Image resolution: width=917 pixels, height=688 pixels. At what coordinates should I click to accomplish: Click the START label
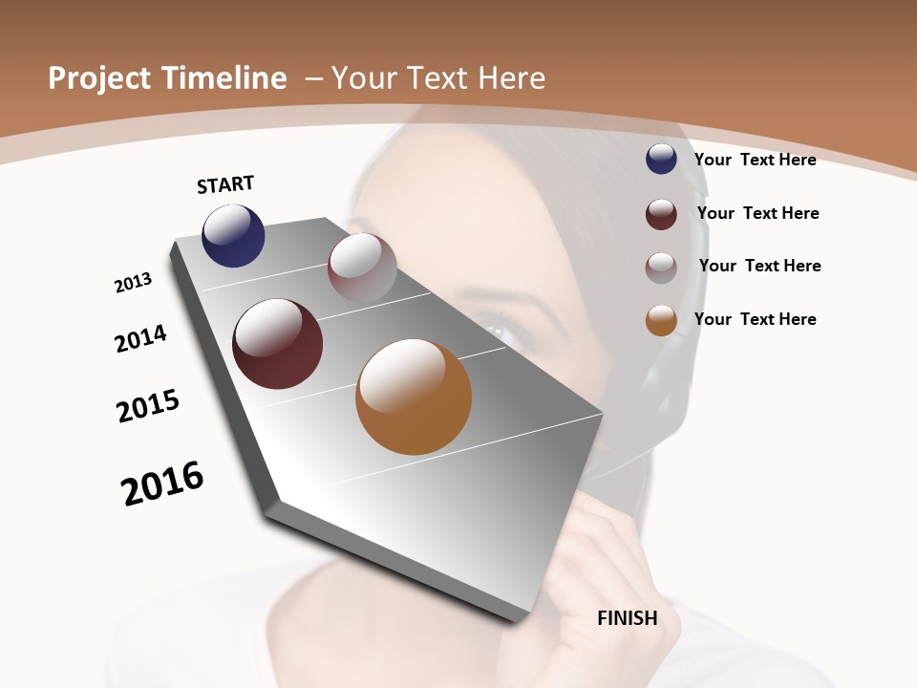pos(225,184)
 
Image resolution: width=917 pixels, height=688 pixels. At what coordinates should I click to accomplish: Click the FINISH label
pos(628,618)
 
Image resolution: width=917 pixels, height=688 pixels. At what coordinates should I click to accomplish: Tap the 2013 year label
pos(133,283)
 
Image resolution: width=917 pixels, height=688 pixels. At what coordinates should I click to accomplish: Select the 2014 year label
pos(141,338)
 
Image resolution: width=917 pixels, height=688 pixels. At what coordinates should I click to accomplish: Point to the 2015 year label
pos(148,406)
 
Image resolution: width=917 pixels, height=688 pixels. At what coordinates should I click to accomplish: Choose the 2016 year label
pos(162,484)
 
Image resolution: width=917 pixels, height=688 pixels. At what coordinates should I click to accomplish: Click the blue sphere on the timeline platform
pos(233,235)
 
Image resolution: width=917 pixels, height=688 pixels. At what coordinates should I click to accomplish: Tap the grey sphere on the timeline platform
pos(362,268)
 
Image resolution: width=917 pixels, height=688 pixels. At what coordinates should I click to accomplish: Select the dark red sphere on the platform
pos(278,344)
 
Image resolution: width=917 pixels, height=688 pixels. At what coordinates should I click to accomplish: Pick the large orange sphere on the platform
pos(414,397)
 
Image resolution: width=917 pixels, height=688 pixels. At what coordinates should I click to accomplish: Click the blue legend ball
pos(661,159)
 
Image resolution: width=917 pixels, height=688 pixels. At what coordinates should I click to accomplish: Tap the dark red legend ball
pos(661,214)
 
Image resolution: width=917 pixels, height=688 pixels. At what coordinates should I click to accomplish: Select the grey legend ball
pos(661,268)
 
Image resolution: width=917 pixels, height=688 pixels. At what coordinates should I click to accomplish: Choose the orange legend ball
pos(661,321)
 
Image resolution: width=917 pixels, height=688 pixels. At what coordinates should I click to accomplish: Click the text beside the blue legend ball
pos(755,160)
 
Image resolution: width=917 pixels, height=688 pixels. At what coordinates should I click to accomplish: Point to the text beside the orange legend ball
pos(755,319)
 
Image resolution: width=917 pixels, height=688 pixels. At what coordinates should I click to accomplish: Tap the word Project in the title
pos(99,79)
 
